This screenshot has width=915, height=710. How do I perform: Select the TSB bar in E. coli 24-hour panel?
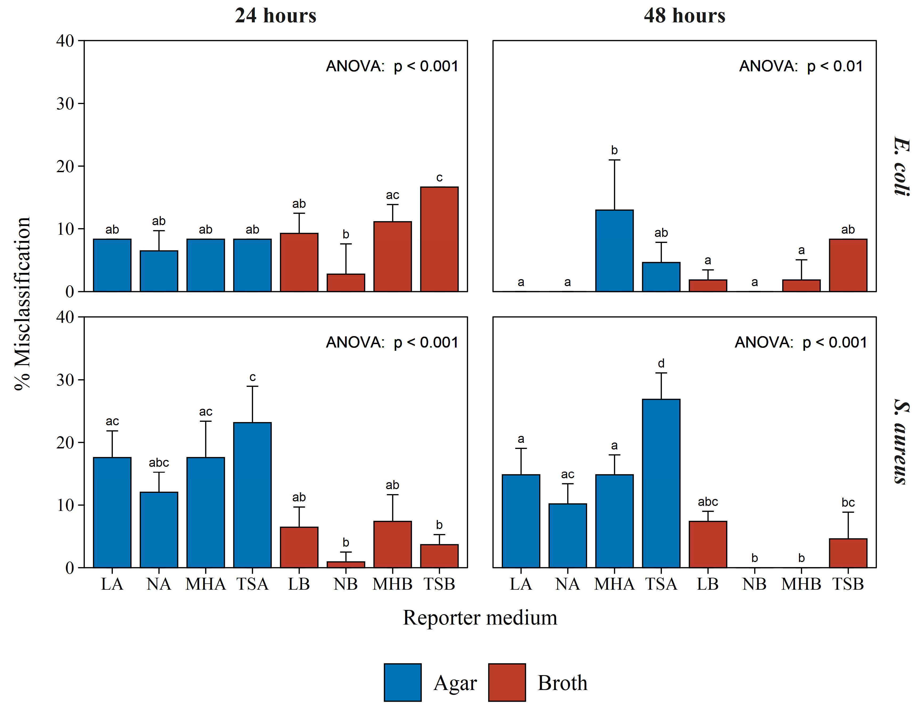tap(439, 239)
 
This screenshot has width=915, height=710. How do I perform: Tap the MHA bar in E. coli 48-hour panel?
tap(614, 250)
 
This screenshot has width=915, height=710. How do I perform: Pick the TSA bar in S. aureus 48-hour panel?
tap(661, 483)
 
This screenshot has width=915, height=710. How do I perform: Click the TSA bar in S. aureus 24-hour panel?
tap(252, 495)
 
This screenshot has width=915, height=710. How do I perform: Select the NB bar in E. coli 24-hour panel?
tap(346, 283)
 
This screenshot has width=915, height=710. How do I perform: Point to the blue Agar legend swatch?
tap(403, 682)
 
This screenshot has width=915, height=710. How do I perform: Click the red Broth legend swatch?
tap(507, 682)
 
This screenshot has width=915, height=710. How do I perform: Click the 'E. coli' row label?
tap(902, 166)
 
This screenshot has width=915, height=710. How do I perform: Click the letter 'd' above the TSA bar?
tap(661, 363)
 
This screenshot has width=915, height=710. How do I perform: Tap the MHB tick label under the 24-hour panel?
tap(393, 584)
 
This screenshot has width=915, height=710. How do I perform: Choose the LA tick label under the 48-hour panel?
tap(521, 584)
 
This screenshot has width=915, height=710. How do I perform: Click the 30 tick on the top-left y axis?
tap(65, 104)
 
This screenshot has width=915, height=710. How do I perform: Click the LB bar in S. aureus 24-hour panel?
tap(299, 547)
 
